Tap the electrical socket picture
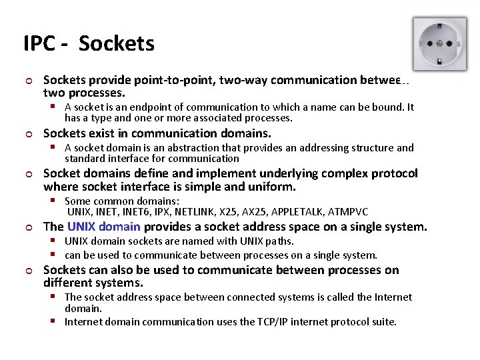(x=439, y=45)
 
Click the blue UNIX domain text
(x=103, y=227)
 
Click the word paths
(x=279, y=241)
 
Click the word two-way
(x=247, y=80)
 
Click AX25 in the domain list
(x=251, y=212)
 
